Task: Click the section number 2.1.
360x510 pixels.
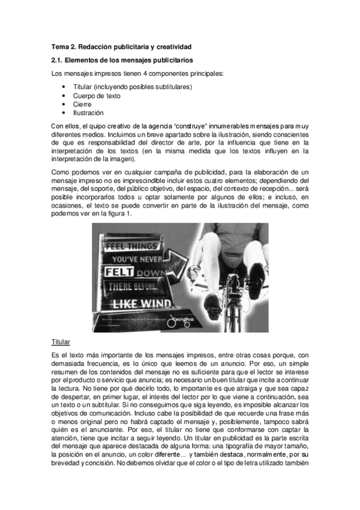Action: coord(59,60)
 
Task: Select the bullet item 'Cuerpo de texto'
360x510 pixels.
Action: coord(96,96)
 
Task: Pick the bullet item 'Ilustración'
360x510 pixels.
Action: coord(88,112)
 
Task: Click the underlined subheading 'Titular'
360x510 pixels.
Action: coord(61,342)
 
